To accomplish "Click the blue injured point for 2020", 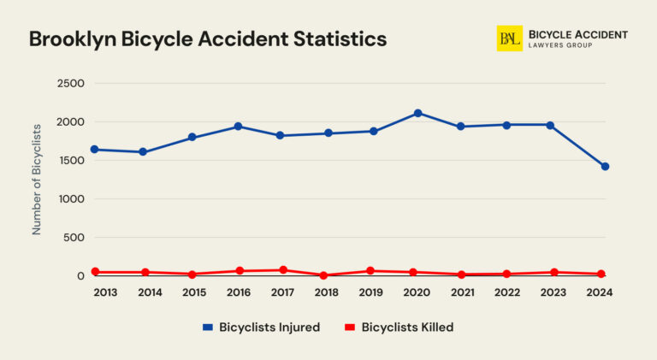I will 417,113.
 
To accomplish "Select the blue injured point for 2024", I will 605,167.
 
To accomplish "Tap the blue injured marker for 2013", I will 94,150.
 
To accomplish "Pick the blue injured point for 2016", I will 239,127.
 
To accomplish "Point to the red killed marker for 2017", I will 282,270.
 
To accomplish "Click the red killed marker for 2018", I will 323,275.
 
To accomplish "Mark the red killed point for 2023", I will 553,273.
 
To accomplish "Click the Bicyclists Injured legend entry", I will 261,328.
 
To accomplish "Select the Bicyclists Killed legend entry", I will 399,328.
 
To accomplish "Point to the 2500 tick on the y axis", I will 70,84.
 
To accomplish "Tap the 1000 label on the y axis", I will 70,199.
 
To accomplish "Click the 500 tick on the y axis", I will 74,238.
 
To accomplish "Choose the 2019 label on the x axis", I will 370,292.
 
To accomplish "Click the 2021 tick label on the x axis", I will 462,292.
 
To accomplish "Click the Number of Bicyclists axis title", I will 37,180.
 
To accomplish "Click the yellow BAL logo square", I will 509,38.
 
